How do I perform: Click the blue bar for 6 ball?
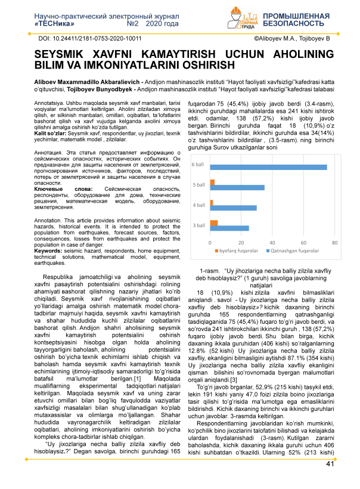pos(268,167)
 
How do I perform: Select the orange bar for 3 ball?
pos(214,222)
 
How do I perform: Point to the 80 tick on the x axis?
pos(335,243)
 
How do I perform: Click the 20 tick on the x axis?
pos(241,243)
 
